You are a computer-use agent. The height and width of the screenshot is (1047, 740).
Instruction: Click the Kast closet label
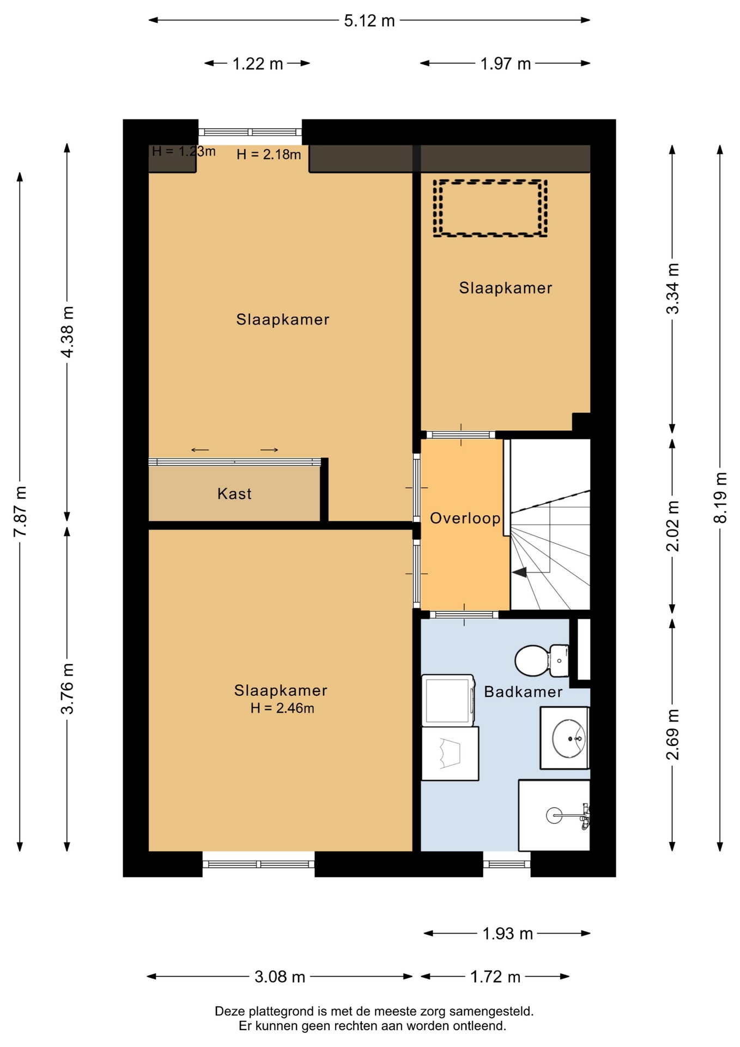click(x=234, y=494)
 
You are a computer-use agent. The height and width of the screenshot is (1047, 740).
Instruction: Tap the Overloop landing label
click(x=465, y=518)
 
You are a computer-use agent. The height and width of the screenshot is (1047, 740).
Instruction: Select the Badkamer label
click(x=523, y=691)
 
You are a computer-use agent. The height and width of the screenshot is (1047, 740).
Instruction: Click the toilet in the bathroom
click(x=542, y=660)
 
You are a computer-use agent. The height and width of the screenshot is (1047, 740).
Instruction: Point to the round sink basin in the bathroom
click(x=568, y=738)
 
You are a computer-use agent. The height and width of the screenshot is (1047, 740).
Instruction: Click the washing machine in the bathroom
click(x=448, y=701)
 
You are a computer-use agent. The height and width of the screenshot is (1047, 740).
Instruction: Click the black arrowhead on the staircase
click(x=519, y=572)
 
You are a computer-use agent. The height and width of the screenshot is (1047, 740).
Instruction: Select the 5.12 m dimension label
click(x=369, y=21)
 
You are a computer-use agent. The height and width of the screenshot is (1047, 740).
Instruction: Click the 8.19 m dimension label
click(x=720, y=497)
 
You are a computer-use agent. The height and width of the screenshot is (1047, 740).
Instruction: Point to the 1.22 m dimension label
click(x=258, y=64)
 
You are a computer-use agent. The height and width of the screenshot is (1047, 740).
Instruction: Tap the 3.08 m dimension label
click(x=280, y=976)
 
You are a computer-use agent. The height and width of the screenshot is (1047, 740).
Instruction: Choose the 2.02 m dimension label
click(x=673, y=526)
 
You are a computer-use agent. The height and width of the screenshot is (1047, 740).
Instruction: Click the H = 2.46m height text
click(x=282, y=708)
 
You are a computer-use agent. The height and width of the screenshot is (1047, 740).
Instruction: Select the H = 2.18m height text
click(x=269, y=154)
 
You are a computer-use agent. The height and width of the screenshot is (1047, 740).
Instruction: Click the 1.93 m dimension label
click(x=507, y=933)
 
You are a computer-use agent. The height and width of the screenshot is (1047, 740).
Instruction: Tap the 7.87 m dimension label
click(x=20, y=511)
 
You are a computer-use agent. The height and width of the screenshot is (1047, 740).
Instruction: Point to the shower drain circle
click(x=554, y=816)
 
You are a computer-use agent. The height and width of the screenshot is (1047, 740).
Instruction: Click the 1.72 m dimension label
click(x=495, y=976)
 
